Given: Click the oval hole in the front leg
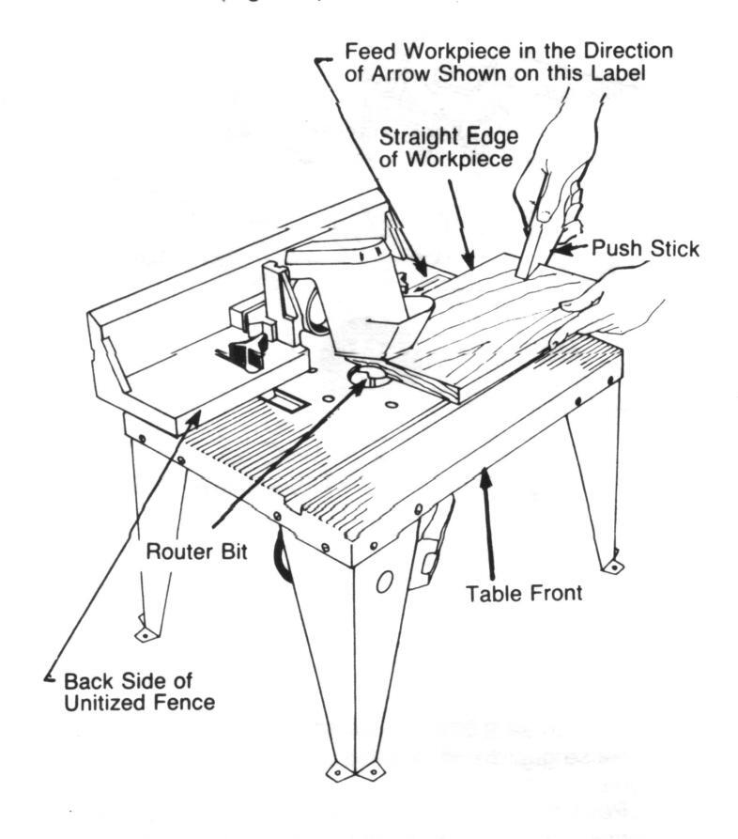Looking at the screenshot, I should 383,583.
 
